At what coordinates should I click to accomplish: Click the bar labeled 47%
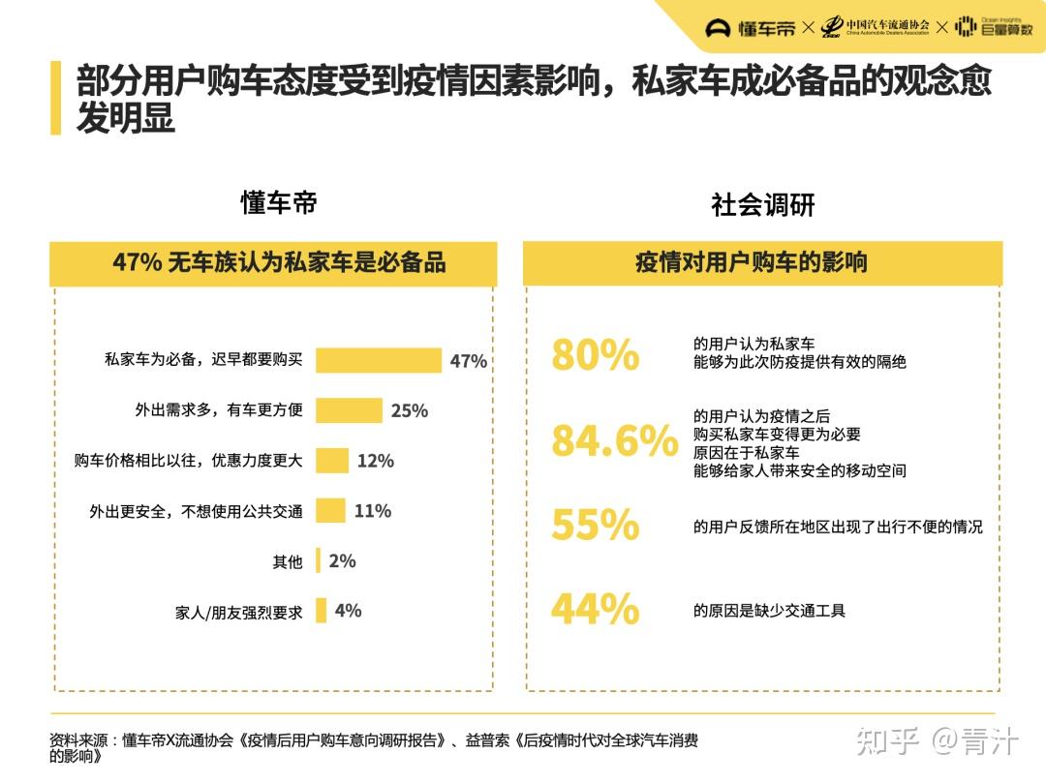378,360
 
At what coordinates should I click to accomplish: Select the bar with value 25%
349,410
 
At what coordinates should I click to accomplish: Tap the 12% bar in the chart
332,461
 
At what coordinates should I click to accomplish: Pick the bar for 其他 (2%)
318,561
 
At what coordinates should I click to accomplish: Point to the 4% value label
348,611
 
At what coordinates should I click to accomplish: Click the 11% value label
373,511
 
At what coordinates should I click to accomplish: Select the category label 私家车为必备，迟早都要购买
203,360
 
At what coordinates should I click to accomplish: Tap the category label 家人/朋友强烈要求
238,612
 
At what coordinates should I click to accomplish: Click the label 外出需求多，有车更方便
219,410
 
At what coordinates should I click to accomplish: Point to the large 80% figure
595,355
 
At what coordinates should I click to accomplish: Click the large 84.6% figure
614,441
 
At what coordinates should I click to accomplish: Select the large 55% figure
595,526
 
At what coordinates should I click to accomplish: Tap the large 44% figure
595,610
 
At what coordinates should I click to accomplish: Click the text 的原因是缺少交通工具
769,611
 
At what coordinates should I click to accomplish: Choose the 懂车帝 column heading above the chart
279,203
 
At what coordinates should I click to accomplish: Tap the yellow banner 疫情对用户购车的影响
762,263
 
